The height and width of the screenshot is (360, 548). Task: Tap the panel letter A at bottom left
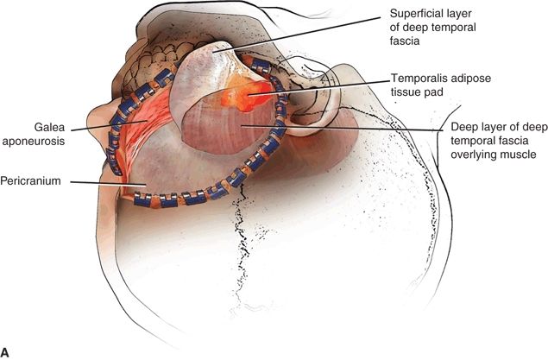pyautogui.click(x=6, y=351)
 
